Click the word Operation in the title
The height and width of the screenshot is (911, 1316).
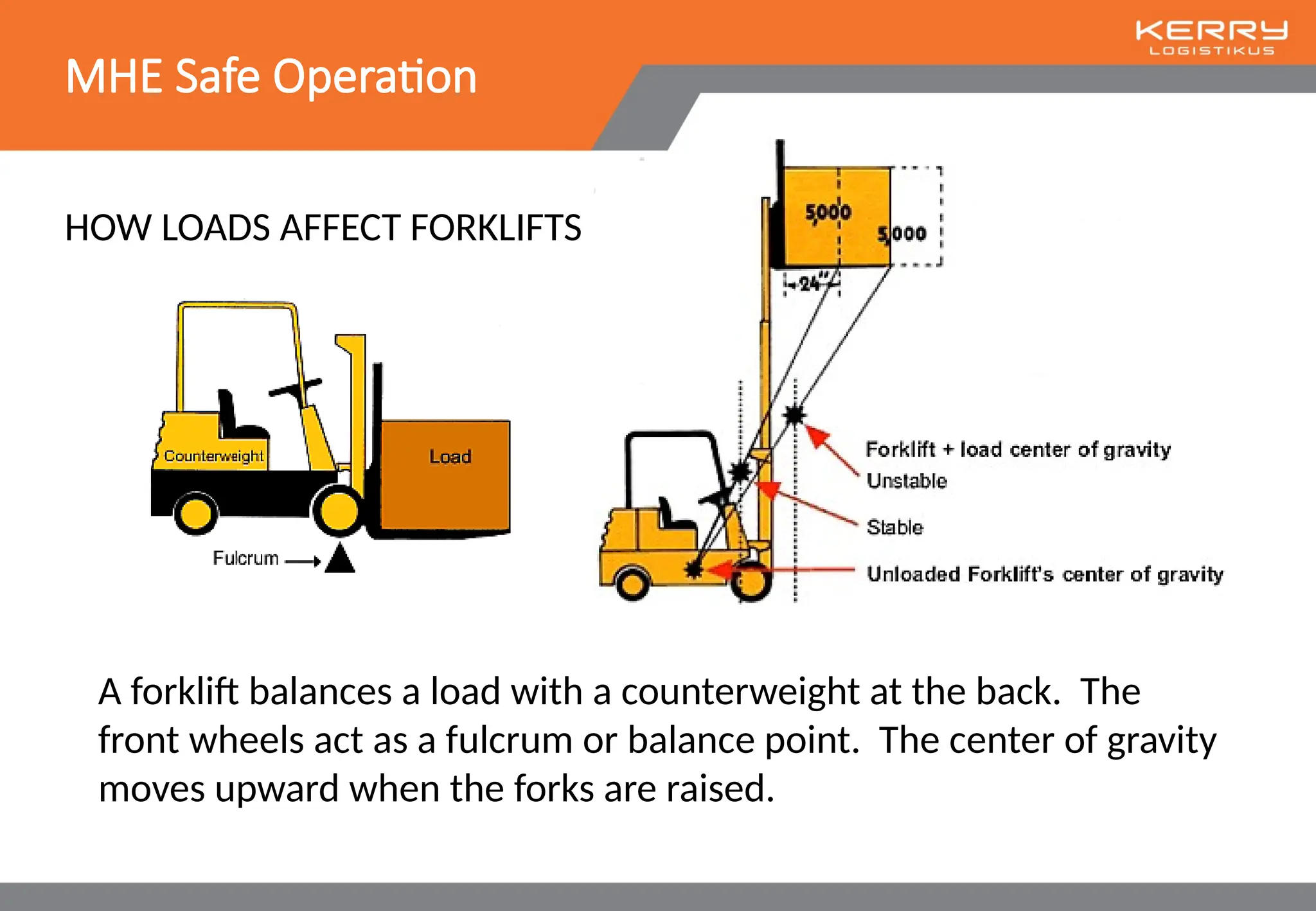(375, 77)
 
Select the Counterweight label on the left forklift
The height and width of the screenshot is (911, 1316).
(213, 456)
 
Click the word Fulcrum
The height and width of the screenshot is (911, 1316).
(245, 558)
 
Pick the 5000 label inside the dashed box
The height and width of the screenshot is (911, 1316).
(902, 234)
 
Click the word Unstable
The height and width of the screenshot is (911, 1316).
(907, 481)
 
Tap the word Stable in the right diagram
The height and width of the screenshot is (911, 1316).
(894, 527)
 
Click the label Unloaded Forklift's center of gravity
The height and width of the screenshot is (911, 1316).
(1044, 574)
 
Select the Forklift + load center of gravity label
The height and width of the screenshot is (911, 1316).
(1018, 450)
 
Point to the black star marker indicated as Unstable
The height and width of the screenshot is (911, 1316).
(795, 415)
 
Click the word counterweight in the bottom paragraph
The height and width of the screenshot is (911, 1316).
(740, 693)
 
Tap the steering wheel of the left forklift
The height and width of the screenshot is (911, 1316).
(294, 387)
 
